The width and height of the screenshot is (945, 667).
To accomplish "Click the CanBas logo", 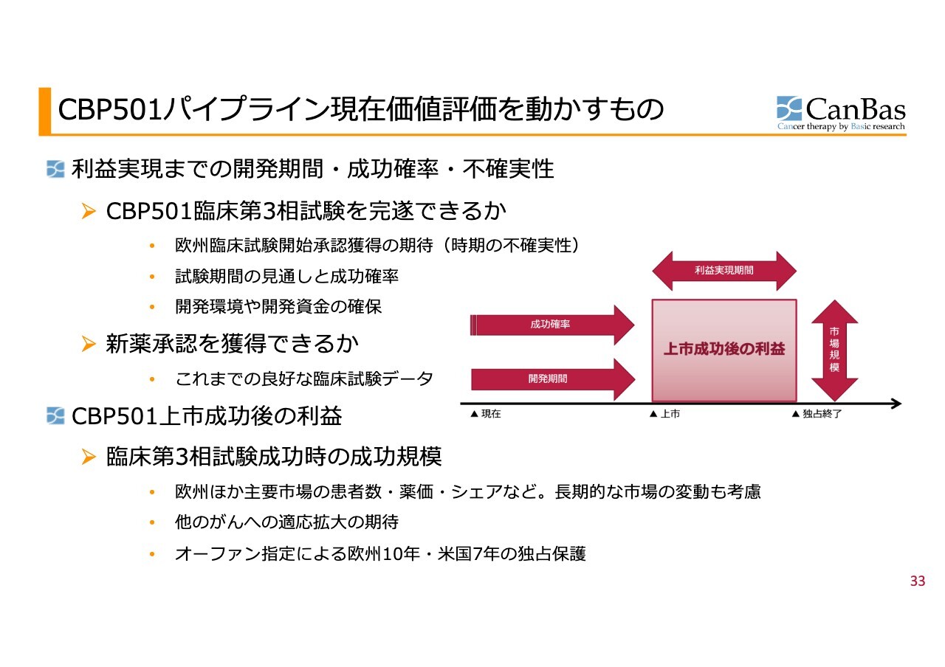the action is click(x=841, y=113).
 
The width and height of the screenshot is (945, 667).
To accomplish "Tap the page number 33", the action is click(x=918, y=581).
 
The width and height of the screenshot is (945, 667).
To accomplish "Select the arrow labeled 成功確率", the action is click(x=552, y=325).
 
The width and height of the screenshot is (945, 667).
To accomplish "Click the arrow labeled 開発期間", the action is click(x=553, y=379).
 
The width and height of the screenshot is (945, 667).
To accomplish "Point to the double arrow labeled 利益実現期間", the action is click(x=724, y=271).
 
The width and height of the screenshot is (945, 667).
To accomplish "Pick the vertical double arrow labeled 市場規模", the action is click(x=834, y=350).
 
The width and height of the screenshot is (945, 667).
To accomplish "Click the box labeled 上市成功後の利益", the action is click(x=724, y=350).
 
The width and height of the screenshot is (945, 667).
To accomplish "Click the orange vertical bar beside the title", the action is click(x=45, y=111).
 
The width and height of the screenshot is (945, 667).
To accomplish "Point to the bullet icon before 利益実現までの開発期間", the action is click(x=55, y=170).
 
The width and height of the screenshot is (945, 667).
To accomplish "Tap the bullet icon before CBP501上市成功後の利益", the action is click(x=55, y=416).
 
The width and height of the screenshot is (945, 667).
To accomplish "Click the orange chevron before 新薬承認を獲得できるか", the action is click(x=89, y=344).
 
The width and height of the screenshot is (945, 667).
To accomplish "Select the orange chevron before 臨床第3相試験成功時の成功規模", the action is click(x=89, y=457).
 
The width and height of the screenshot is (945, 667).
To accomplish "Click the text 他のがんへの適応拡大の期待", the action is click(x=287, y=522).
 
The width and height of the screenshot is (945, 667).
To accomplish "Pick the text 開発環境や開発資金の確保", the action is click(x=278, y=306).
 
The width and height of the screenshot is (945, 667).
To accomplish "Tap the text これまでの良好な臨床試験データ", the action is click(x=304, y=379).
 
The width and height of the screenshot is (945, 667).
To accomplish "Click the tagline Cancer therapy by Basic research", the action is click(x=841, y=126).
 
